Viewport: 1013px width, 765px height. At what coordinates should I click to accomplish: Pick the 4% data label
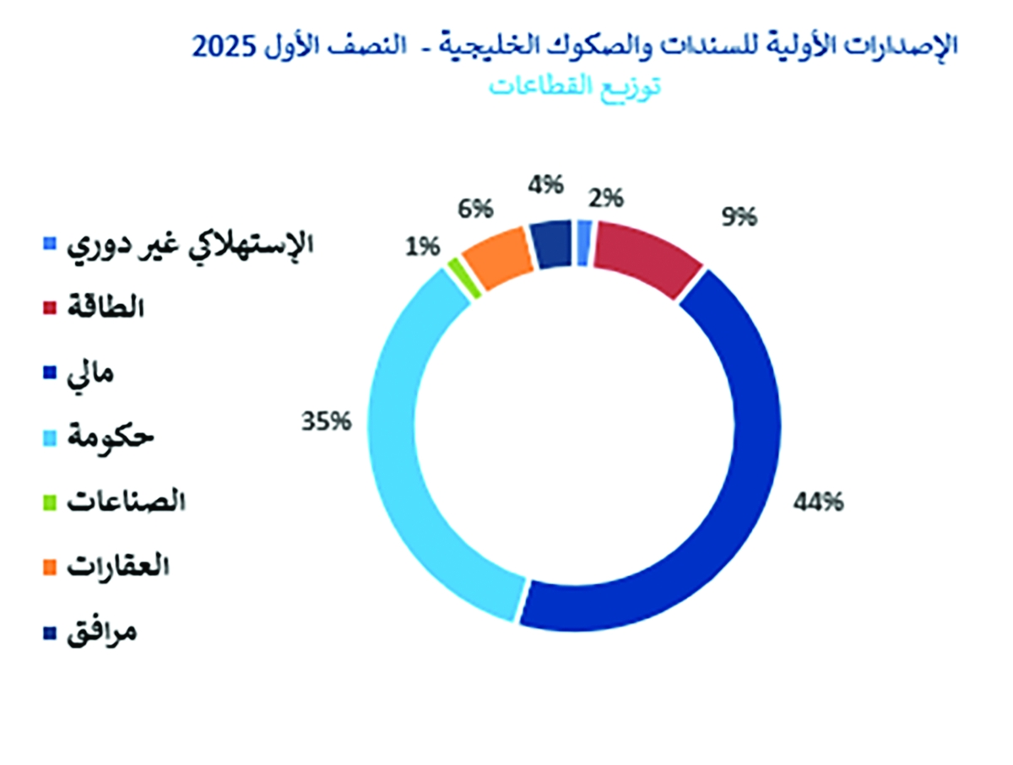click(545, 185)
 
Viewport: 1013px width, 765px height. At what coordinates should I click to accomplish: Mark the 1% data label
click(422, 247)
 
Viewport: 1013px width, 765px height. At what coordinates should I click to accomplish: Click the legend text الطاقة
click(106, 307)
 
